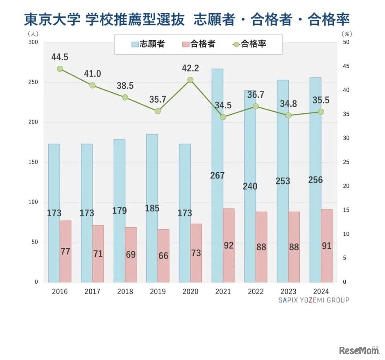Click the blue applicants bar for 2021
pos(218,137)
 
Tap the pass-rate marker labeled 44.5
pos(60,69)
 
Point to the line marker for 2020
pos(190,80)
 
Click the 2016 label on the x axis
pos(60,291)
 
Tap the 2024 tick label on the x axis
pos(321,291)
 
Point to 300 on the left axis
pos(33,42)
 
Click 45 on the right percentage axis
pos(346,66)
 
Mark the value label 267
pos(218,175)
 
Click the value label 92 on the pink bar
pos(229,245)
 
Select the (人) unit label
pos(33,34)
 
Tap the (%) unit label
pos(347,34)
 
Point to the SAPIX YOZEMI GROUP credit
pos(313,300)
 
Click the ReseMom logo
pos(359,350)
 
